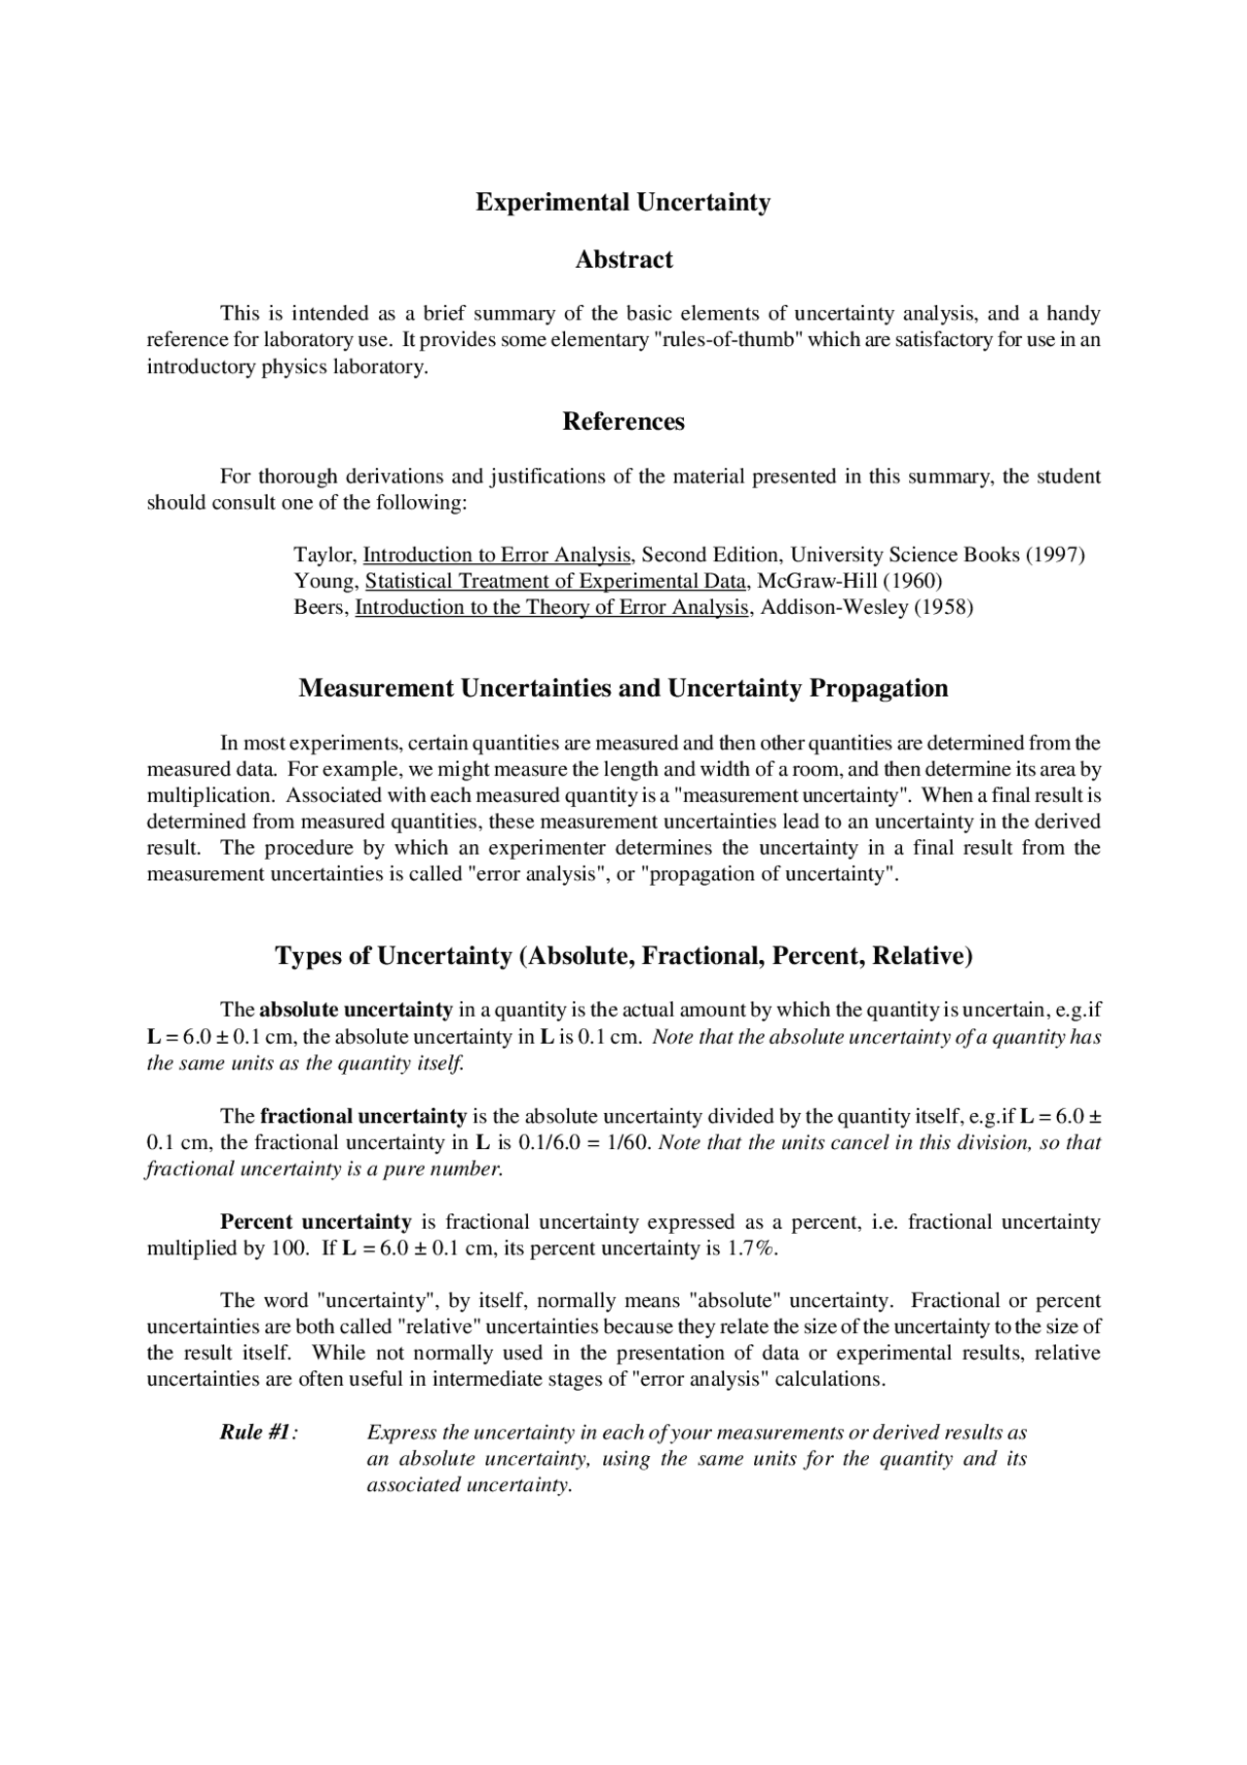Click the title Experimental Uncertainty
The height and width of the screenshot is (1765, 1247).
623,203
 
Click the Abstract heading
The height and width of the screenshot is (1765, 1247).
623,259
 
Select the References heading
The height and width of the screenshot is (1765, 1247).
623,421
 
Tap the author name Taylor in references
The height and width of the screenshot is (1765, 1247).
324,556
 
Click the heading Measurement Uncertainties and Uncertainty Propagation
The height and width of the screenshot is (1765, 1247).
623,688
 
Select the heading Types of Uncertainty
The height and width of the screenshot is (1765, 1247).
623,955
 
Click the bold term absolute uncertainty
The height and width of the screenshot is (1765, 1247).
356,1010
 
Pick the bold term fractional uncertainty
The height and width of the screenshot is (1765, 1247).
363,1116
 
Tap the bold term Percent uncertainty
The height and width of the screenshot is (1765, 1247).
316,1222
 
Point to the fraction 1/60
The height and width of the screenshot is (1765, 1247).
628,1142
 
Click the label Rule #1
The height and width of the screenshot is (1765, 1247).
257,1433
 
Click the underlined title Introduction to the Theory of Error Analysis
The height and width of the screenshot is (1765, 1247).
552,608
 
